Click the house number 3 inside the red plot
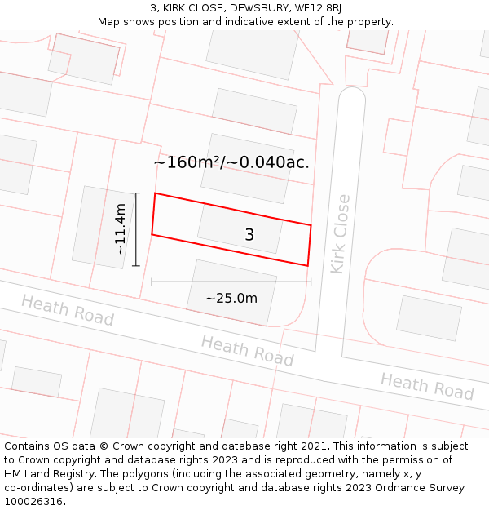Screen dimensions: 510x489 249,235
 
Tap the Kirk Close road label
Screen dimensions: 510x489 340,233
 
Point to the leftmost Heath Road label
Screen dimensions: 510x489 67,310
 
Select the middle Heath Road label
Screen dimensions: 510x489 247,350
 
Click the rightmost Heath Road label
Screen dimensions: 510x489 426,385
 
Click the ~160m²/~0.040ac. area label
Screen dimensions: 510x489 231,162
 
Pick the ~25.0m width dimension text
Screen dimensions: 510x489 231,298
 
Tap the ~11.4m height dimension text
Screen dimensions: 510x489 121,229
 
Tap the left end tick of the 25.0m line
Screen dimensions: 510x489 152,282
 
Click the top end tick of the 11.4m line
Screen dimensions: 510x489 136,193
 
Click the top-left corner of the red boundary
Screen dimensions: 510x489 155,193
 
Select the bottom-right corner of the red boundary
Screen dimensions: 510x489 307,265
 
